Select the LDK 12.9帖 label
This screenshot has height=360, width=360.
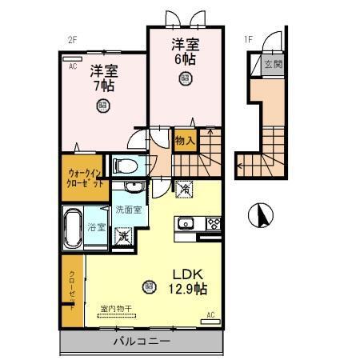point(190,279)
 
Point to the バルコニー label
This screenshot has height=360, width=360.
point(141,341)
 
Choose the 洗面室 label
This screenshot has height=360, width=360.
point(128,210)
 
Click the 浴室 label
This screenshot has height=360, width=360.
point(97,227)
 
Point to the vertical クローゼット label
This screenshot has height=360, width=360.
point(72,290)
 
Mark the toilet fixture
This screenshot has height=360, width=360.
point(123,166)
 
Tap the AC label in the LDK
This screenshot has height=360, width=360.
point(211,314)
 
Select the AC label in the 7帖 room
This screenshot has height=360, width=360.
point(72,67)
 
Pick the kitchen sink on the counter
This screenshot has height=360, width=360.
point(185,222)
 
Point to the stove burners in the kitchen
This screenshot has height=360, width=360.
point(212,222)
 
